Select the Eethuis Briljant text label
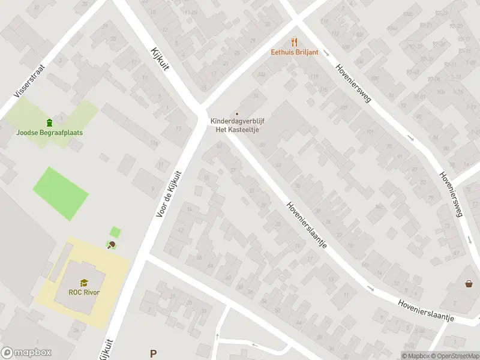[x=293, y=52]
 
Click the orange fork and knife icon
[x=293, y=42]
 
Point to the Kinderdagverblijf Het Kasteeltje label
[x=237, y=124]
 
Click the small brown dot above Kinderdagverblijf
[x=237, y=113]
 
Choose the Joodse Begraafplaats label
[x=50, y=133]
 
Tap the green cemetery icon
[x=50, y=122]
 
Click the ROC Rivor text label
[x=84, y=292]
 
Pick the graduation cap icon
[x=84, y=283]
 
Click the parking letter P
[x=154, y=354]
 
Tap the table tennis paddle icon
[x=111, y=244]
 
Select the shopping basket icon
[x=469, y=284]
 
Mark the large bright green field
[x=60, y=192]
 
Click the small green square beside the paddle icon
[x=115, y=232]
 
